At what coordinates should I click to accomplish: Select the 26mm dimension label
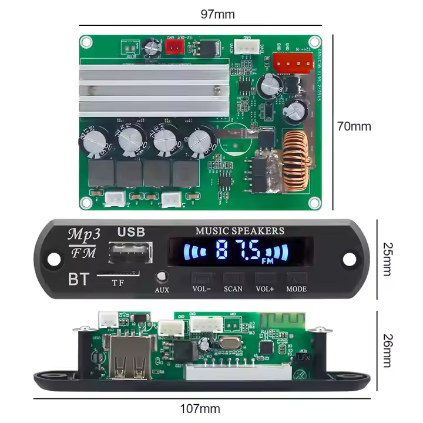pos(387,350)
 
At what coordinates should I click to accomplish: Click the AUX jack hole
pos(161,276)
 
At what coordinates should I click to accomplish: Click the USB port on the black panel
pos(130,253)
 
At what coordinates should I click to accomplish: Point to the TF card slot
pos(118,274)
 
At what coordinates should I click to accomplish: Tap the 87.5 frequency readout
pos(239,251)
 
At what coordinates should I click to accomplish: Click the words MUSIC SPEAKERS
pos(239,231)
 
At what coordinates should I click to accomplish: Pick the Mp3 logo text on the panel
pos(84,233)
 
